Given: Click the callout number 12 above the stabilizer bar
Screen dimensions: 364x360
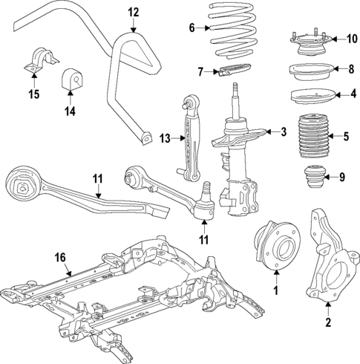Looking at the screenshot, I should coord(133,12).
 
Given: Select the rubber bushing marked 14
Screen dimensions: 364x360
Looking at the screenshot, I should coord(71,77).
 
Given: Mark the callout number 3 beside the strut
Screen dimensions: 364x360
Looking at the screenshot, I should coord(283,132).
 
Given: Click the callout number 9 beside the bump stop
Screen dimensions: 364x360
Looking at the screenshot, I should coord(341,178).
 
